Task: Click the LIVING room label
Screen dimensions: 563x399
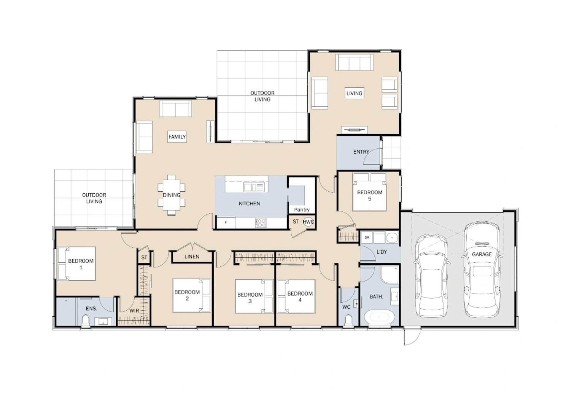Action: coord(354,93)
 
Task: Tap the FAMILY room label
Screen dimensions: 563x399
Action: coord(177,137)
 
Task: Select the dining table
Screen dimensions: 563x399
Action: coord(172,195)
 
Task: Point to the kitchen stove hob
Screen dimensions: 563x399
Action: coord(261,223)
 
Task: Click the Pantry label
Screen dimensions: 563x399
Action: coord(302,210)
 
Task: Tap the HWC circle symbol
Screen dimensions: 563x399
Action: coord(308,222)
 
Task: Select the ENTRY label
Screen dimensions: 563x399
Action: coord(361,152)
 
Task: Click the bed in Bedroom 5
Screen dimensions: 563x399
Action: coord(369,192)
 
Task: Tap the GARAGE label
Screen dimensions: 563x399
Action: coord(482,254)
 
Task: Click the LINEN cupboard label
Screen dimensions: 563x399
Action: coord(192,256)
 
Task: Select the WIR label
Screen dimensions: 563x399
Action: coord(134,311)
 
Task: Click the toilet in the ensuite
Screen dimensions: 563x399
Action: coord(86,322)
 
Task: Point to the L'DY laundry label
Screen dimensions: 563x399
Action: coord(382,252)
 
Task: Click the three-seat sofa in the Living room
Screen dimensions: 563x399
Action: coord(355,62)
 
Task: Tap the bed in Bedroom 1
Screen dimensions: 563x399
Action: coord(77,264)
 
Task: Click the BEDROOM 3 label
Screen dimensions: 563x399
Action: coord(250,298)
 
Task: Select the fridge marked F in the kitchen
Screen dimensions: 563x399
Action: coord(226,223)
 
